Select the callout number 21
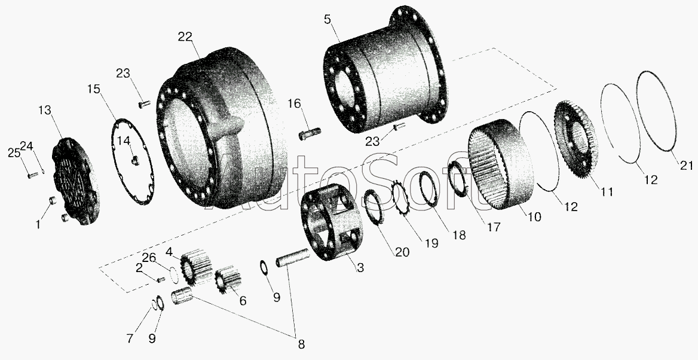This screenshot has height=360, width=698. (x=687, y=166)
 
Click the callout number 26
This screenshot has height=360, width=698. (x=149, y=258)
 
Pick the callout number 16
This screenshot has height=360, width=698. (x=294, y=104)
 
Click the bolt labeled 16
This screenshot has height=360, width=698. (x=310, y=133)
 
